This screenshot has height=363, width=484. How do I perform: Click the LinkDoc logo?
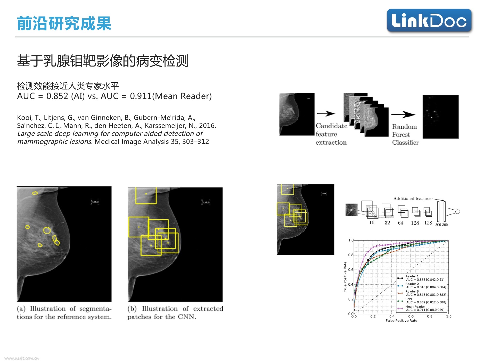tap(429, 21)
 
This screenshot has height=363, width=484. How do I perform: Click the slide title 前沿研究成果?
tap(64, 23)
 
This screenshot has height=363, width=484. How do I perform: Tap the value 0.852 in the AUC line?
tap(57, 96)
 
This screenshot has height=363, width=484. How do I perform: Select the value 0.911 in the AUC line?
tap(141, 96)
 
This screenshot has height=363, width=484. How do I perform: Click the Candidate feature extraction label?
tap(331, 134)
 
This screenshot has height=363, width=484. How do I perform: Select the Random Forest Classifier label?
tap(405, 134)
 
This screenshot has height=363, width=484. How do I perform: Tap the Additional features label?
tap(412, 199)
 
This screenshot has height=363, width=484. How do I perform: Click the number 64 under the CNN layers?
tap(400, 223)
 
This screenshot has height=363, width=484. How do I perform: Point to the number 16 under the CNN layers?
tap(372, 222)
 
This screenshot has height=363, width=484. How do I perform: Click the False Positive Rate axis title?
tap(401, 320)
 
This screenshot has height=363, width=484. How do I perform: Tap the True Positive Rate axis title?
tap(345, 277)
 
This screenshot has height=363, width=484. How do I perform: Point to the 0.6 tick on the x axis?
tap(411, 316)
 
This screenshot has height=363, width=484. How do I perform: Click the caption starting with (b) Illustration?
tap(175, 312)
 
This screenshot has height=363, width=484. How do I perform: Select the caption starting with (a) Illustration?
tap(64, 312)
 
